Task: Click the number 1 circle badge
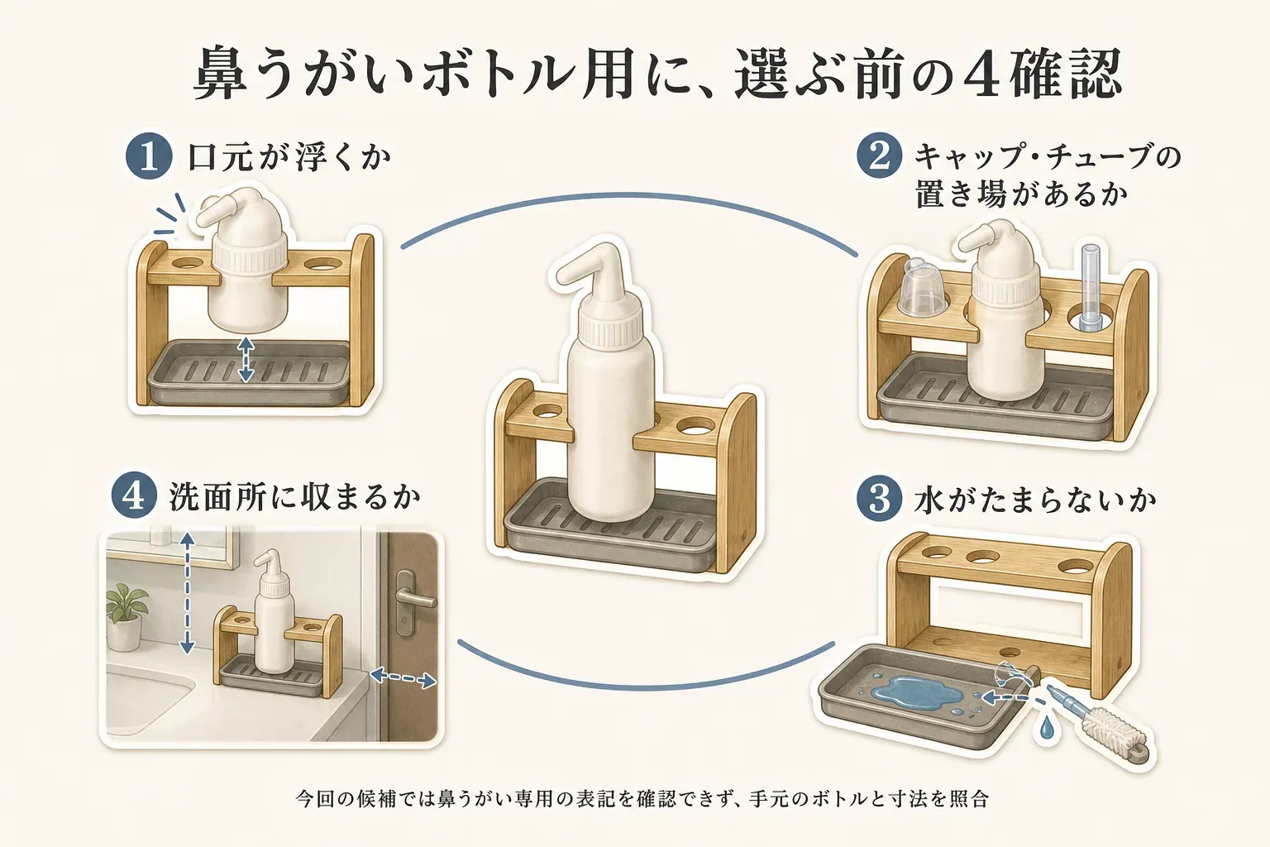pyautogui.click(x=149, y=156)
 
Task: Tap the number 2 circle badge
pyautogui.click(x=879, y=156)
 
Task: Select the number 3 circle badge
pyautogui.click(x=880, y=500)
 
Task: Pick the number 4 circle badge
pyautogui.click(x=134, y=495)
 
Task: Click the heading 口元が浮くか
pyautogui.click(x=289, y=156)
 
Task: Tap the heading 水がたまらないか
pyautogui.click(x=1034, y=500)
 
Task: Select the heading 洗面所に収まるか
pyautogui.click(x=295, y=496)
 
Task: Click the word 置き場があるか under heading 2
pyautogui.click(x=1021, y=194)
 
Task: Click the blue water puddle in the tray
pyautogui.click(x=908, y=691)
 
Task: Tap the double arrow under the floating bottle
pyautogui.click(x=245, y=358)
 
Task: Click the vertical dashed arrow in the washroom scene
pyautogui.click(x=187, y=593)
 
